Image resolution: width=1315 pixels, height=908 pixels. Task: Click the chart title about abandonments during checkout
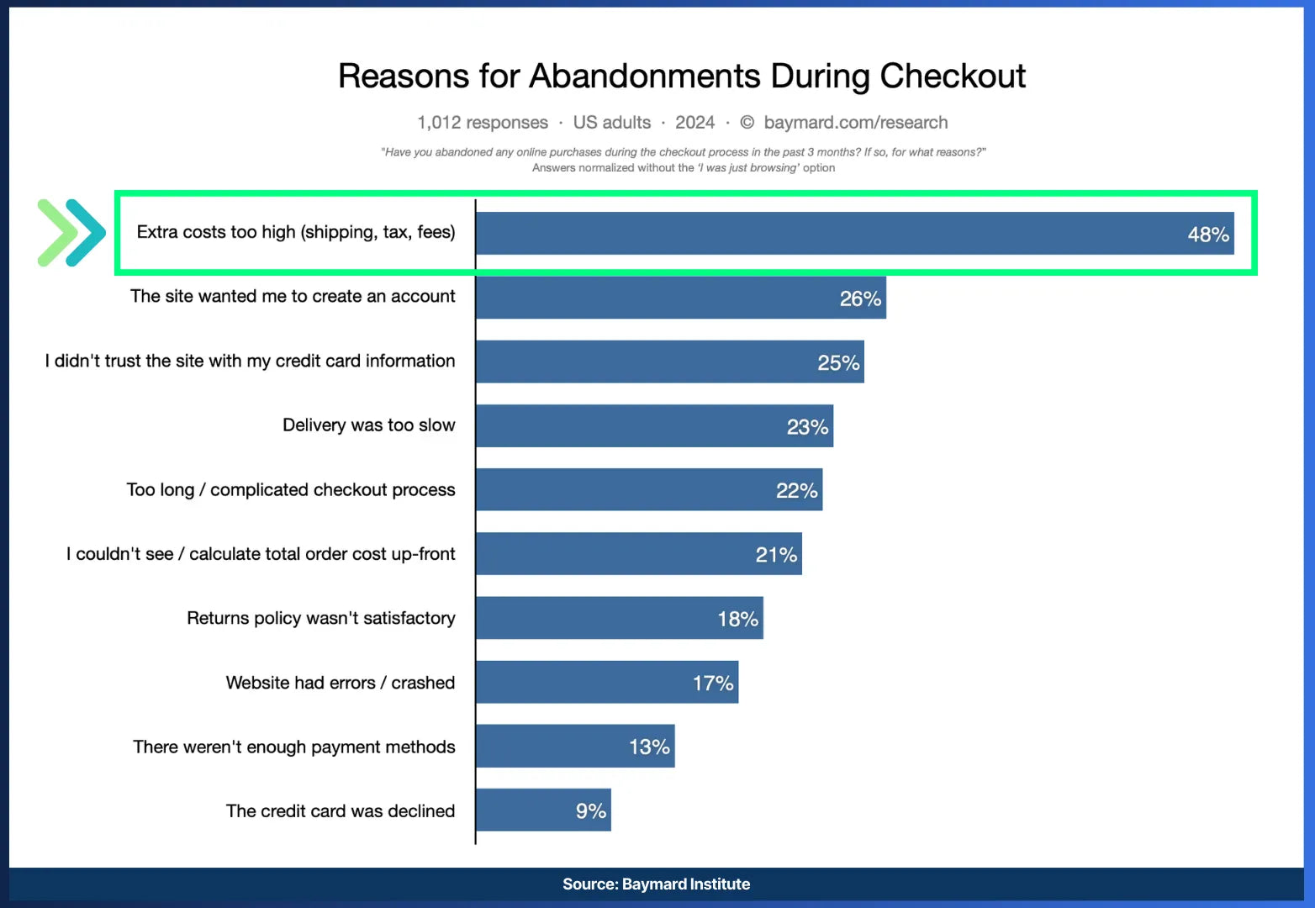[x=681, y=77]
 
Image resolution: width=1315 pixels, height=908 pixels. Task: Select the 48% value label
[x=1207, y=235]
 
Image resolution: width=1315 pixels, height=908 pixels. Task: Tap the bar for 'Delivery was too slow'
[x=631, y=426]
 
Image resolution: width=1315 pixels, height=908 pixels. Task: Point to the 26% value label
[x=860, y=298]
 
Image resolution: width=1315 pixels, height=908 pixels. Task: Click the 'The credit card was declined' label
[x=340, y=811]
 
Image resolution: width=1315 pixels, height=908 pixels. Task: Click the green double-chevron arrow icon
[x=71, y=233]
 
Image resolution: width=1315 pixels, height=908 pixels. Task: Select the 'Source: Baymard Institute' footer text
[x=656, y=884]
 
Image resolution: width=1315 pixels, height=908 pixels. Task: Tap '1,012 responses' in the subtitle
[x=483, y=123]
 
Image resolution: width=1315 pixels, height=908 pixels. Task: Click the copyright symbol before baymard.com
[x=747, y=123]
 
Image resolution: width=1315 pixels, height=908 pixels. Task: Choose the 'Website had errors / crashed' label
[x=340, y=683]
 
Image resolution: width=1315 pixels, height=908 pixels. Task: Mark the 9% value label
[x=590, y=811]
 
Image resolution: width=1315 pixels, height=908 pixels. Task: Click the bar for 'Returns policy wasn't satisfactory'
[x=597, y=619]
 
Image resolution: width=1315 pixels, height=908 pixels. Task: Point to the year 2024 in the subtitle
[x=694, y=123]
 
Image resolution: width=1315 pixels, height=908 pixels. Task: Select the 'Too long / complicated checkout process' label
[x=290, y=490]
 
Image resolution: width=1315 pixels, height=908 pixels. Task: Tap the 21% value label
[x=775, y=555]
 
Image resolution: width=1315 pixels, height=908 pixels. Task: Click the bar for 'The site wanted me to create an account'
[x=656, y=298]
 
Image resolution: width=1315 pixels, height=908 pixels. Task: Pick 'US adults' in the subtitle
[x=611, y=123]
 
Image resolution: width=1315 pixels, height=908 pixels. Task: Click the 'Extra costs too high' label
[x=295, y=233]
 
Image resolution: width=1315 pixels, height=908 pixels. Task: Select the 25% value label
[x=837, y=363]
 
